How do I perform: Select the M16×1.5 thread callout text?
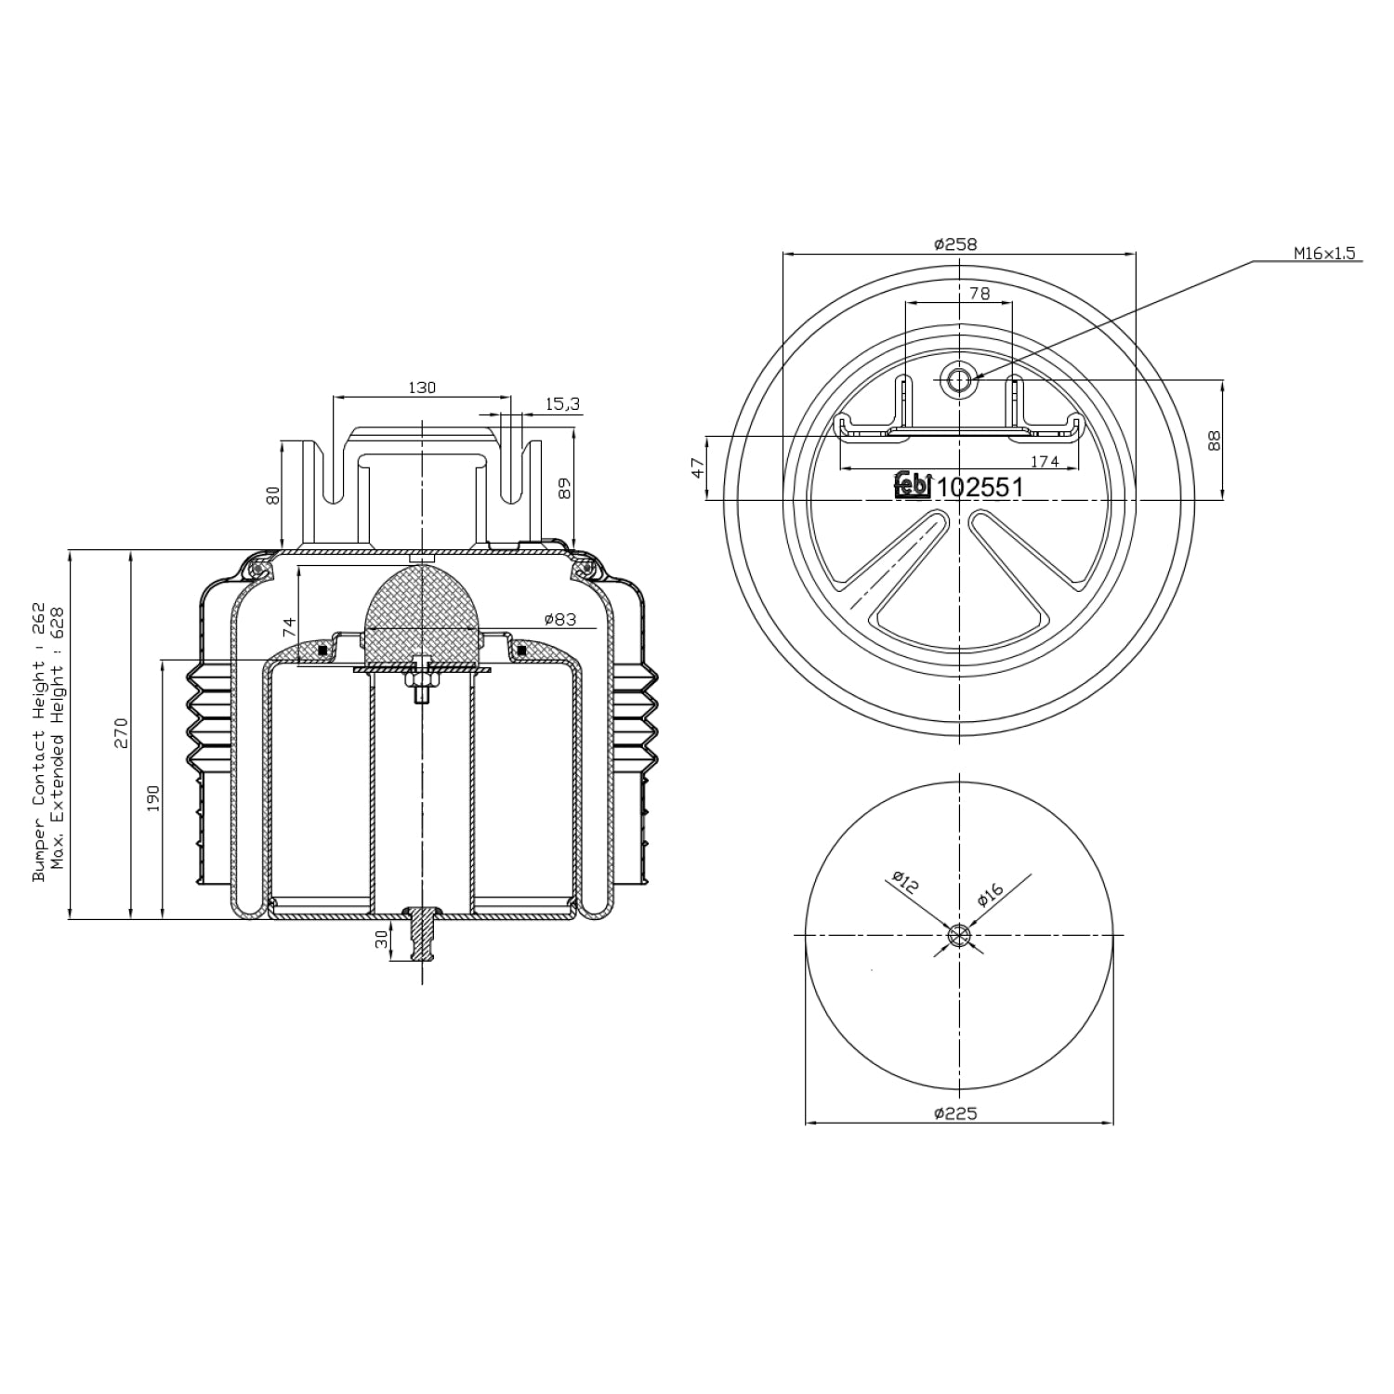(1325, 253)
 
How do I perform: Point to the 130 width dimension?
(422, 388)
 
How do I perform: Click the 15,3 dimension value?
(562, 403)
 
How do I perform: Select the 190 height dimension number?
(153, 798)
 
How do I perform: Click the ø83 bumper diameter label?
(560, 619)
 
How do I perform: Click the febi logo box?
(913, 484)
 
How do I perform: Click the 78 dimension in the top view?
(979, 294)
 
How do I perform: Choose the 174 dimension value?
(1045, 461)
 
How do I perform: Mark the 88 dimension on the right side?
(1214, 440)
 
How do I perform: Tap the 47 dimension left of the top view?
(698, 467)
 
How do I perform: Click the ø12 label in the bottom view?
(904, 882)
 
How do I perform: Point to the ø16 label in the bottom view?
(991, 895)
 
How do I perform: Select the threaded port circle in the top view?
(957, 378)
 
